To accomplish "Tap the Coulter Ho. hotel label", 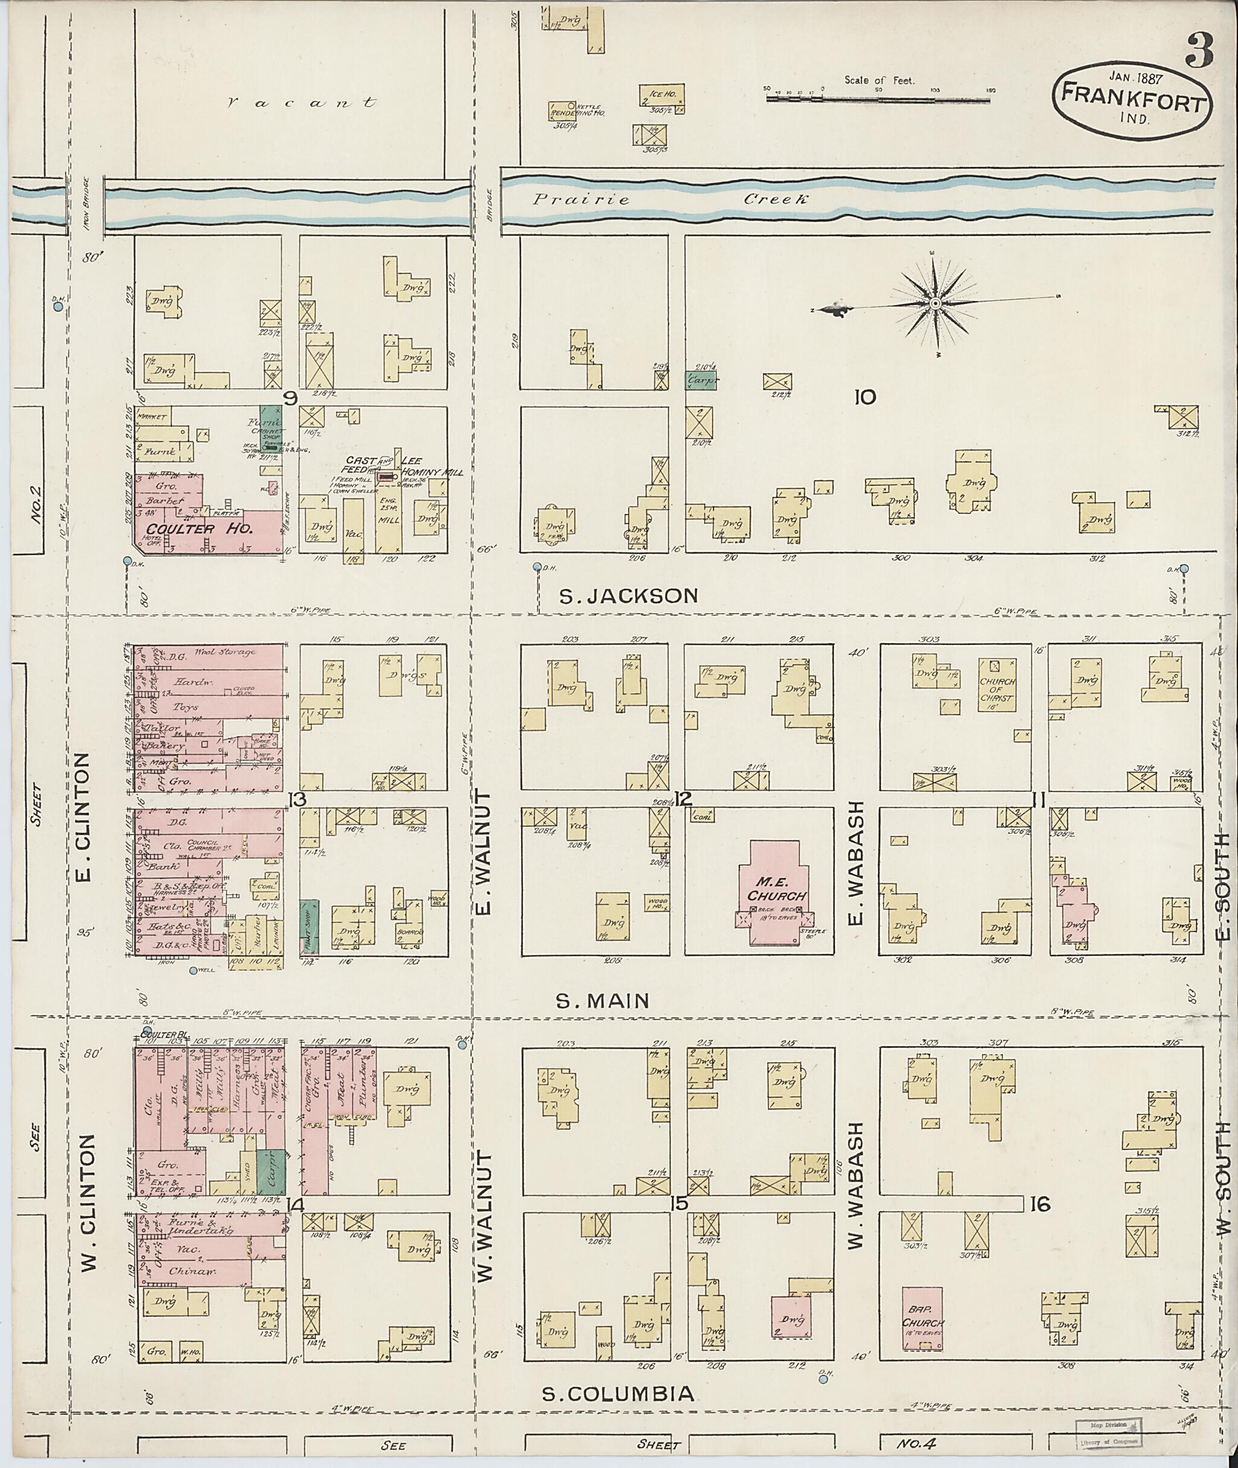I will [199, 528].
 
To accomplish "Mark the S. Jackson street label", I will [628, 596].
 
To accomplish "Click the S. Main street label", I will [603, 1001].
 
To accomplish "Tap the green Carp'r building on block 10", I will [701, 381].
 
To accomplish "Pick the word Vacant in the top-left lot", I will [302, 103].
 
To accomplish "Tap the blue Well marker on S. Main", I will [193, 971].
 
